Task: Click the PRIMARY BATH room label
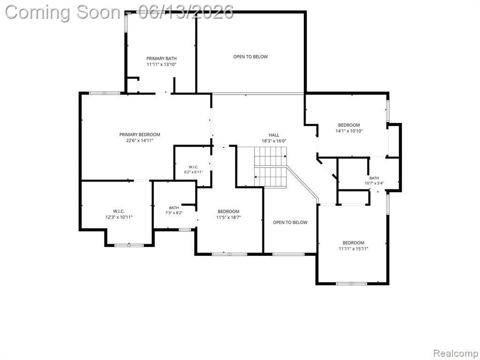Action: (x=161, y=59)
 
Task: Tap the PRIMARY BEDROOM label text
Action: (x=140, y=135)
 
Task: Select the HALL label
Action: (x=274, y=135)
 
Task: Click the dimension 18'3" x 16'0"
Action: (x=274, y=141)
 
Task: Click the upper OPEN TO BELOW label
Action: (x=250, y=57)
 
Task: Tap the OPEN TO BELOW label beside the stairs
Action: (x=290, y=223)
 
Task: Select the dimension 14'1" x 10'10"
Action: (x=349, y=131)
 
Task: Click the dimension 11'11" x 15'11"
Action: (x=353, y=249)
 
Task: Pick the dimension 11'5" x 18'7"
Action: (x=229, y=217)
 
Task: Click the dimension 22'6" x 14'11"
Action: (x=140, y=141)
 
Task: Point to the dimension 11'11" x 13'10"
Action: (x=161, y=65)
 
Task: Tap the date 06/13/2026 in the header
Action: (x=186, y=12)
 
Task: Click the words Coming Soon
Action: (x=63, y=13)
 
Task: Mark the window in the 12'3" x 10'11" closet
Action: (x=129, y=245)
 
